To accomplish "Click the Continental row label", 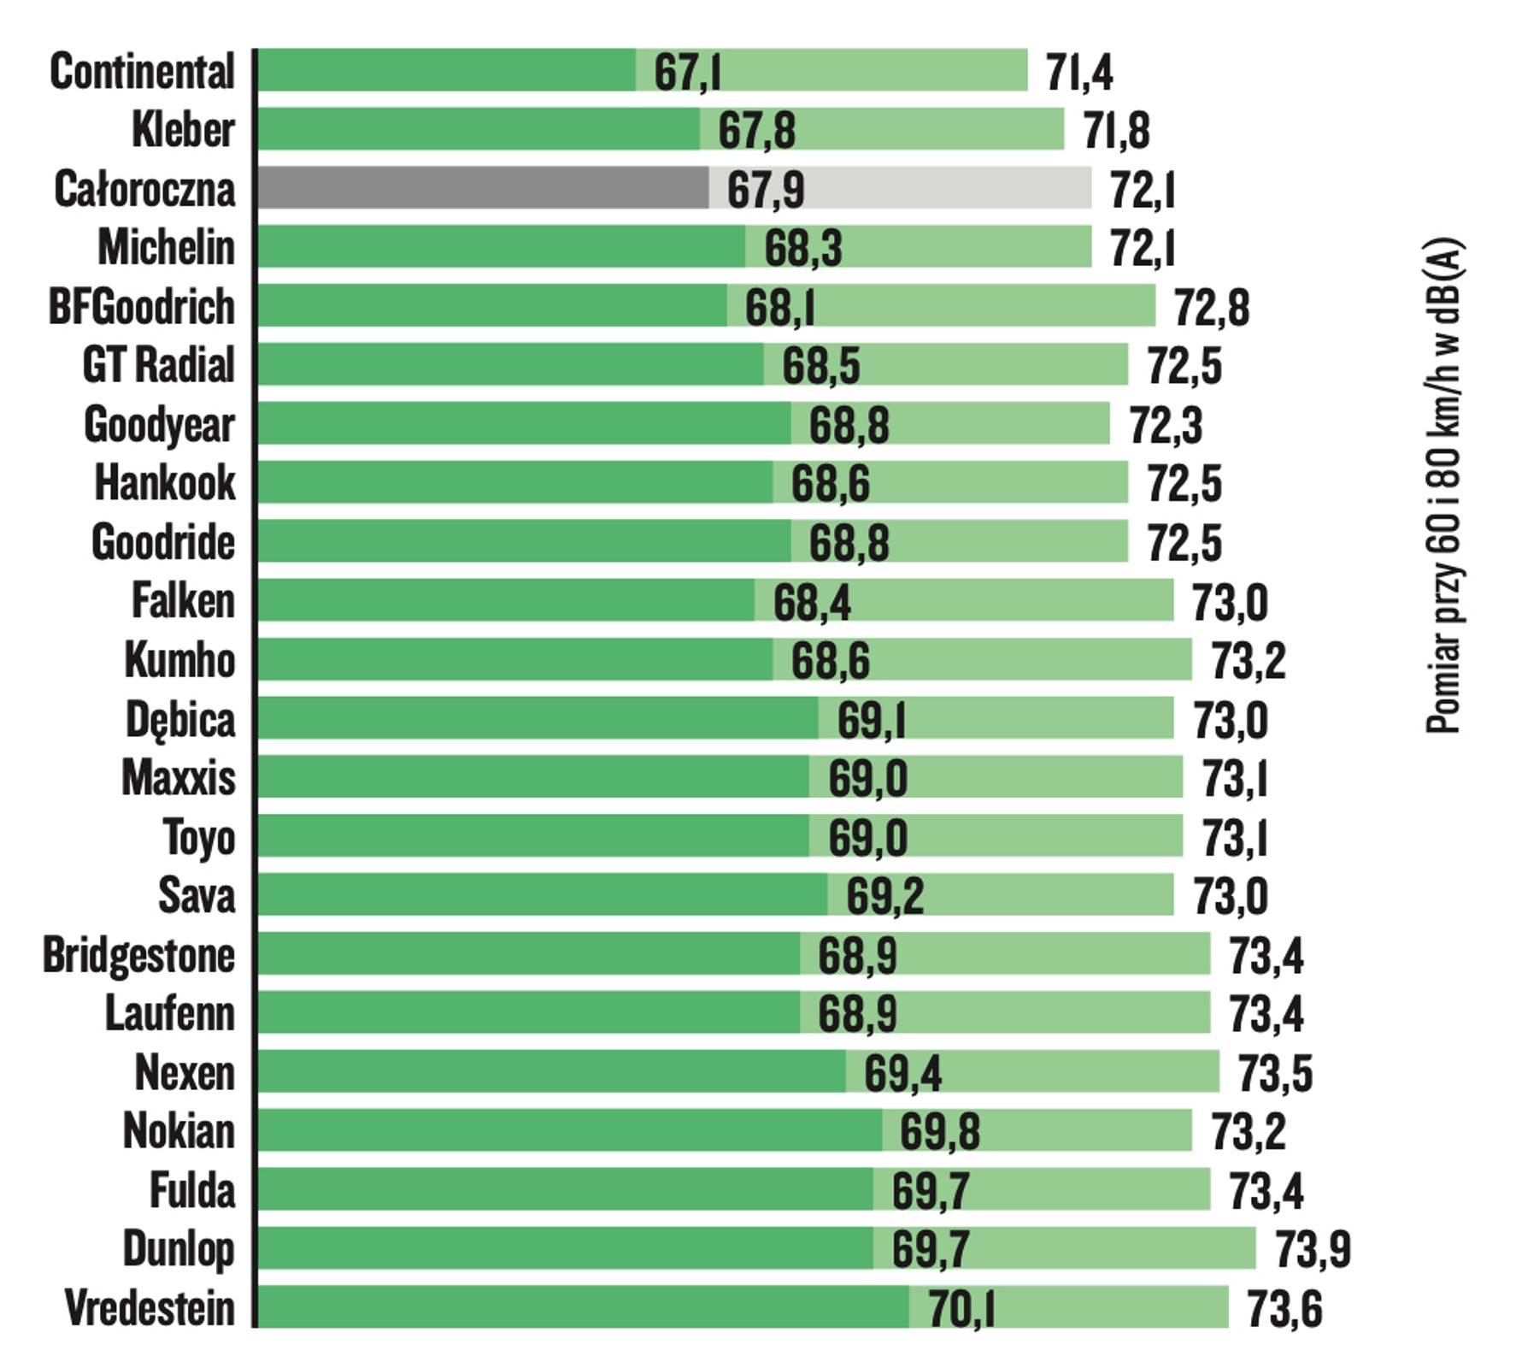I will coord(142,71).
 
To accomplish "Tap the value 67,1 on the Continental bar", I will coord(687,72).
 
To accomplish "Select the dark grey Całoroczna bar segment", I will coord(483,187).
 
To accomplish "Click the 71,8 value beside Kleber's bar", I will coord(1116,131).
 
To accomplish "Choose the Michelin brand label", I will coord(166,248).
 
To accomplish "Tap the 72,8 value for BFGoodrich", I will coord(1211,308).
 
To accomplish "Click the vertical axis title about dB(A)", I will coord(1443,486).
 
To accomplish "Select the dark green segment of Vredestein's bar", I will coord(583,1306).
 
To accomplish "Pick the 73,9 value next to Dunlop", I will coord(1313,1249).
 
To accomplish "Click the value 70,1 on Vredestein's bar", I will coord(961,1309).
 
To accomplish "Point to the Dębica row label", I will coord(179,720).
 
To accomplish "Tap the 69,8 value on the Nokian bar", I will coord(939,1132).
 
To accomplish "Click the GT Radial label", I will coord(158,365).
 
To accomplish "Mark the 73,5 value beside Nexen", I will coord(1275,1074).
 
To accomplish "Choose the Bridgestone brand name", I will coord(138,955).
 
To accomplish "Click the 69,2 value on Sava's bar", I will coord(884,896).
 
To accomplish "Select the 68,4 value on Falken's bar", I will coord(812,603).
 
